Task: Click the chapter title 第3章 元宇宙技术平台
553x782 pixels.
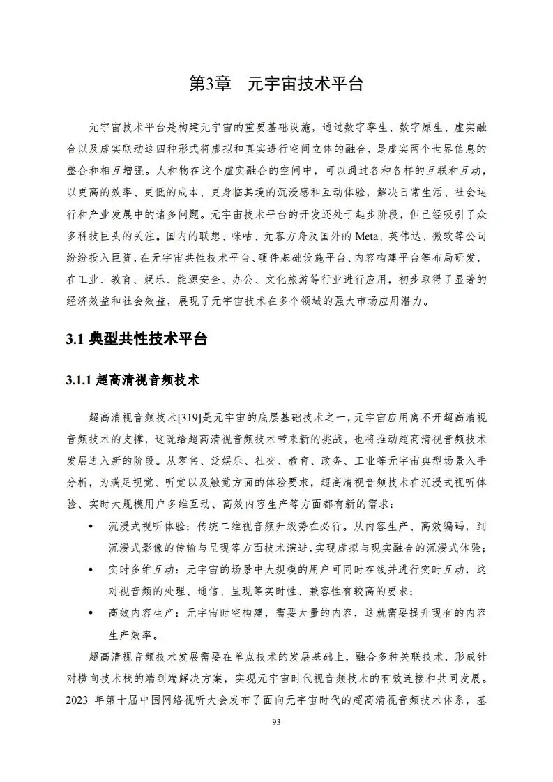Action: tap(276, 84)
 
